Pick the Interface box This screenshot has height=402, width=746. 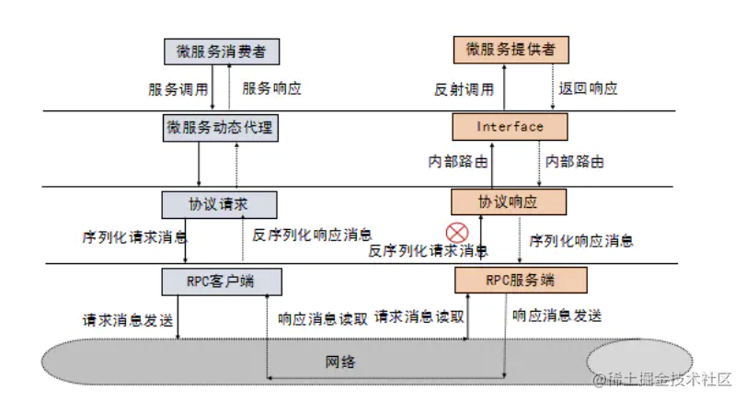(x=511, y=126)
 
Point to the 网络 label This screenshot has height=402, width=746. (x=340, y=362)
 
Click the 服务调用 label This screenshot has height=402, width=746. (x=178, y=89)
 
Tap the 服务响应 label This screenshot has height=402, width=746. (x=271, y=89)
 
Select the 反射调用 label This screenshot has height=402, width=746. (x=464, y=89)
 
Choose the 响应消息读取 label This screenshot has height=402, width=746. (x=323, y=318)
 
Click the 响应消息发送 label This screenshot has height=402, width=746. (x=557, y=316)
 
